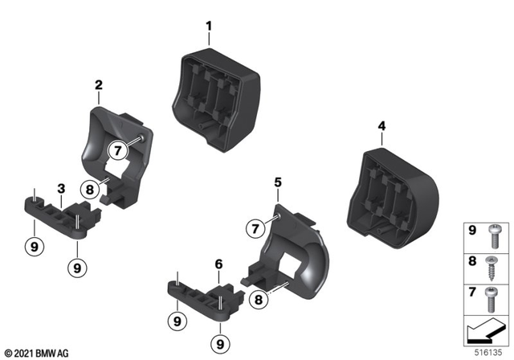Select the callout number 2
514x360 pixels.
click(x=99, y=84)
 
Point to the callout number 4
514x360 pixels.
click(x=381, y=125)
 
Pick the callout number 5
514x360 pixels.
click(x=277, y=183)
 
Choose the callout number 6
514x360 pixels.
click(x=218, y=263)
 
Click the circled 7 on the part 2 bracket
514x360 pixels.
click(x=117, y=149)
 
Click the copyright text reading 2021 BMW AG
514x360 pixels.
click(x=37, y=354)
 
